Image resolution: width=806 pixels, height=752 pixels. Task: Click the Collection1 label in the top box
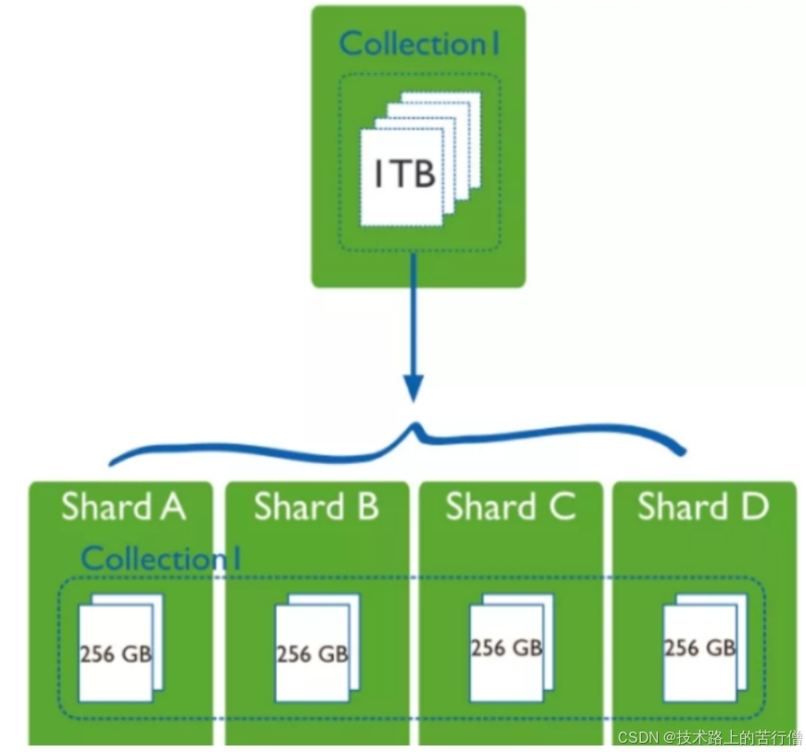(x=420, y=44)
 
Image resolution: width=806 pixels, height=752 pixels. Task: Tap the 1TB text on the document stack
(x=405, y=175)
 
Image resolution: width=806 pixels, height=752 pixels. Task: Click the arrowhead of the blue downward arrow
(x=414, y=386)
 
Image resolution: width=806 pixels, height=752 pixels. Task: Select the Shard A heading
(x=123, y=508)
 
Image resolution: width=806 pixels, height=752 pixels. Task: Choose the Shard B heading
(x=316, y=508)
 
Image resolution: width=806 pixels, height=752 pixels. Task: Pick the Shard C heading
(x=510, y=508)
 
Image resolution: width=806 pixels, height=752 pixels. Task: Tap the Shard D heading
(x=703, y=508)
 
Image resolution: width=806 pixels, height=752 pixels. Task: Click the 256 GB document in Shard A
(x=116, y=654)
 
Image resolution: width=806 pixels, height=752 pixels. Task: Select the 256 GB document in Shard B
(x=312, y=654)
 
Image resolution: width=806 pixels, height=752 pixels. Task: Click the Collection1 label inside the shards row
(x=162, y=558)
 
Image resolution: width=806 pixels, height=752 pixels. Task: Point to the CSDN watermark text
(x=708, y=737)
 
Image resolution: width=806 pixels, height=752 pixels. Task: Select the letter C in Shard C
(x=561, y=508)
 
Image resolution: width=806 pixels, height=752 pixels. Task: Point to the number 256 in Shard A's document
(x=97, y=654)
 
